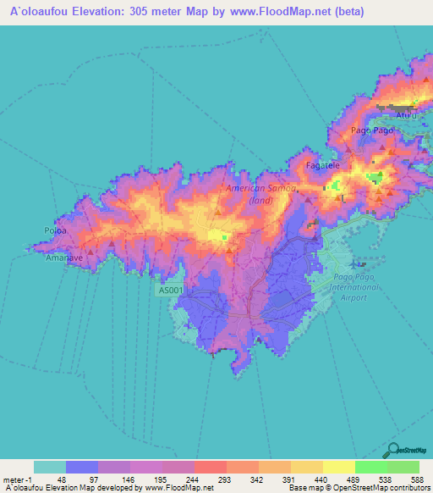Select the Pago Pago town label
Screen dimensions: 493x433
point(372,131)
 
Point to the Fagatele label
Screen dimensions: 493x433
point(322,165)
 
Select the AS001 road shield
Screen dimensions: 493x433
point(170,290)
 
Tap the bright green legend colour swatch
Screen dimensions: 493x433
point(370,467)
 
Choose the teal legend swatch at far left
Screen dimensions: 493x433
point(50,467)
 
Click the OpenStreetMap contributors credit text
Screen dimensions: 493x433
point(381,488)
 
